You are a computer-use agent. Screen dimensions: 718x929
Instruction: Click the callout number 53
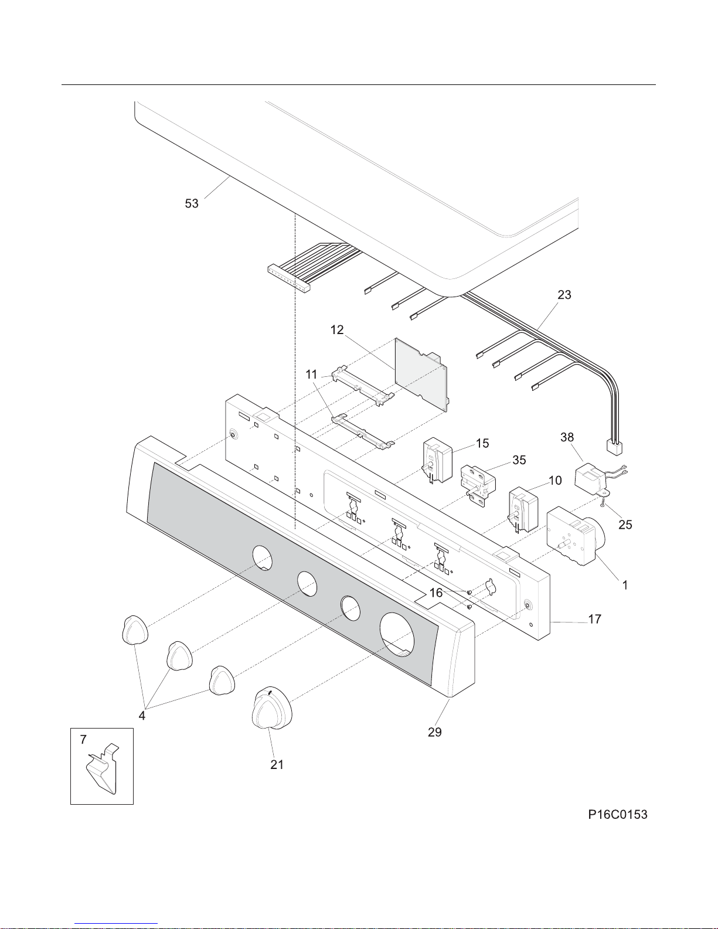point(192,203)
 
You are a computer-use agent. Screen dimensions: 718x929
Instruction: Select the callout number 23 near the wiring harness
point(564,295)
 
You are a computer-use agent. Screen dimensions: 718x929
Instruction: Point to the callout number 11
point(311,375)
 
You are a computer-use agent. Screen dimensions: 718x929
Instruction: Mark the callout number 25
point(625,525)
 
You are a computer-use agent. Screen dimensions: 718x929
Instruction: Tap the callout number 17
point(594,619)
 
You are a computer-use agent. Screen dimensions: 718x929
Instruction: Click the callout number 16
point(435,593)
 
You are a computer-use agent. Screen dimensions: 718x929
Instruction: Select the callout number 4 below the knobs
point(142,716)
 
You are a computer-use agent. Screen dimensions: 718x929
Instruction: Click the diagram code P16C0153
point(618,815)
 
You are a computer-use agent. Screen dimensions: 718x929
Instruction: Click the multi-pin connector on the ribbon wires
point(288,278)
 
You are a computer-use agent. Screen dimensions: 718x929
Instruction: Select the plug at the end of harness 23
point(614,448)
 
